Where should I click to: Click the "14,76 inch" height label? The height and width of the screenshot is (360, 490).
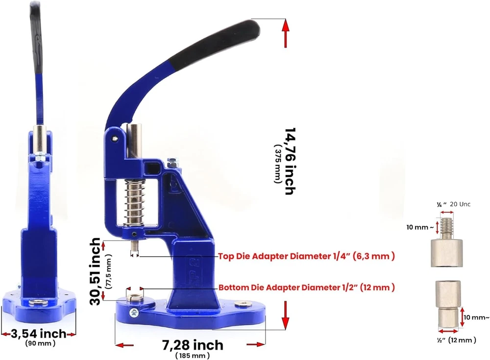click(290, 161)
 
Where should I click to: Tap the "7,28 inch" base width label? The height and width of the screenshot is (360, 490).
click(193, 345)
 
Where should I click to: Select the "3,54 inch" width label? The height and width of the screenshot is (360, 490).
click(38, 334)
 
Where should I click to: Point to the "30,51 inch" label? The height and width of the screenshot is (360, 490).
click(95, 271)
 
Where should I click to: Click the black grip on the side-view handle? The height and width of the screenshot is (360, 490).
click(36, 38)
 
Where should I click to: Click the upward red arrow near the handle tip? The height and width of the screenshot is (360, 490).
click(285, 33)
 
